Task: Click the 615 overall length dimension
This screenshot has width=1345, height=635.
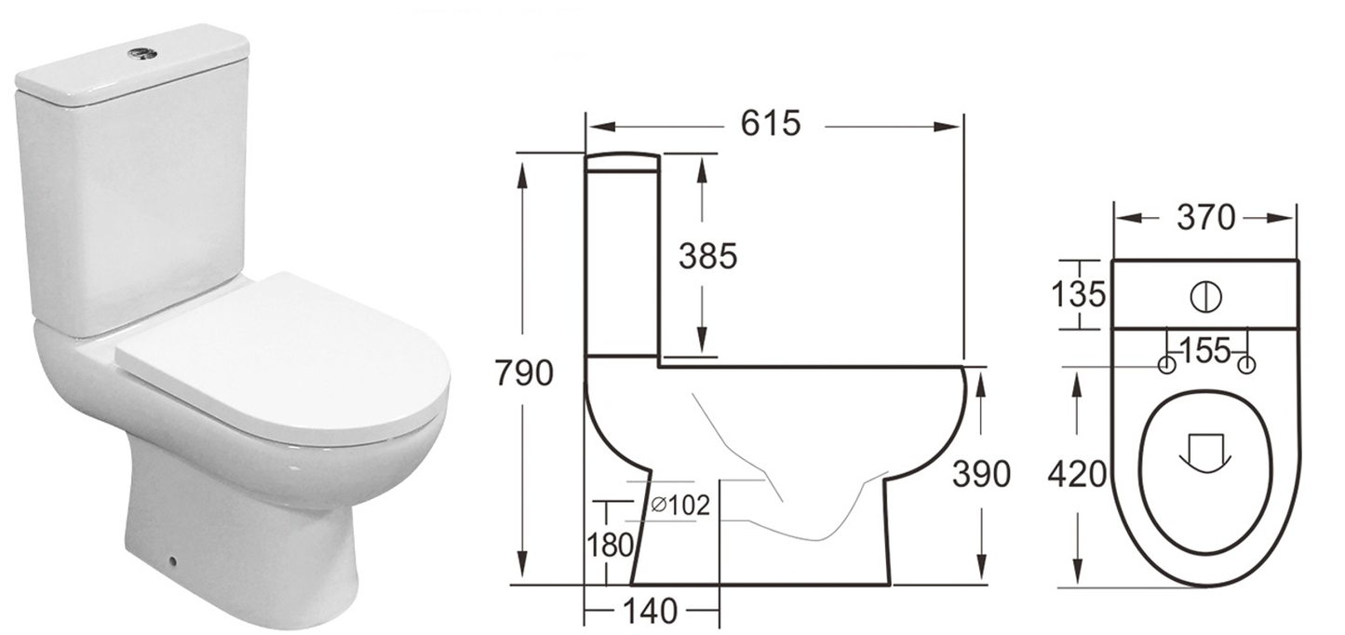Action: point(770,124)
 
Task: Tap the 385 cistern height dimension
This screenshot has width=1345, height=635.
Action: point(706,255)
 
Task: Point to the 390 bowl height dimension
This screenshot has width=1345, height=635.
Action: point(980,475)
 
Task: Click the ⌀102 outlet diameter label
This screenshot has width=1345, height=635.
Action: point(680,506)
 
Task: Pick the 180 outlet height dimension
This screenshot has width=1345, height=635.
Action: point(611,546)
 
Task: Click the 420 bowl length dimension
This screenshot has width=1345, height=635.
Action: point(1077,476)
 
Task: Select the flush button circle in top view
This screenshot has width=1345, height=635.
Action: point(1204,295)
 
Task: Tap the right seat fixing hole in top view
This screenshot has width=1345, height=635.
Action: point(1246,365)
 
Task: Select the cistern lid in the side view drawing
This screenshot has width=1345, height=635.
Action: point(623,161)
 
